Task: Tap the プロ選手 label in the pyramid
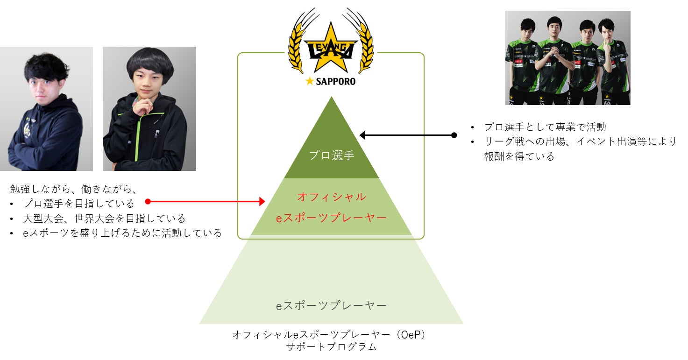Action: [332, 155]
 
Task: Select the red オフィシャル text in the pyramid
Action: [332, 197]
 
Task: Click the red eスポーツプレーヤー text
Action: [332, 218]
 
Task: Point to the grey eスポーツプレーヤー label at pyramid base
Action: [332, 306]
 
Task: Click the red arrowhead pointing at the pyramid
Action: [262, 202]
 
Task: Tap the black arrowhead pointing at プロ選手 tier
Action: [363, 135]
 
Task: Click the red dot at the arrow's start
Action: [148, 202]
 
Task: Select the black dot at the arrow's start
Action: [454, 135]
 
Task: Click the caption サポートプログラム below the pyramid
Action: [331, 347]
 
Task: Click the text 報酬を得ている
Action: [519, 157]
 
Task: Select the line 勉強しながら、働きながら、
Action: [73, 189]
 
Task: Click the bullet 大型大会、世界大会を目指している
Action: [104, 219]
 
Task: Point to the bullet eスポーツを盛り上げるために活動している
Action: [122, 233]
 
